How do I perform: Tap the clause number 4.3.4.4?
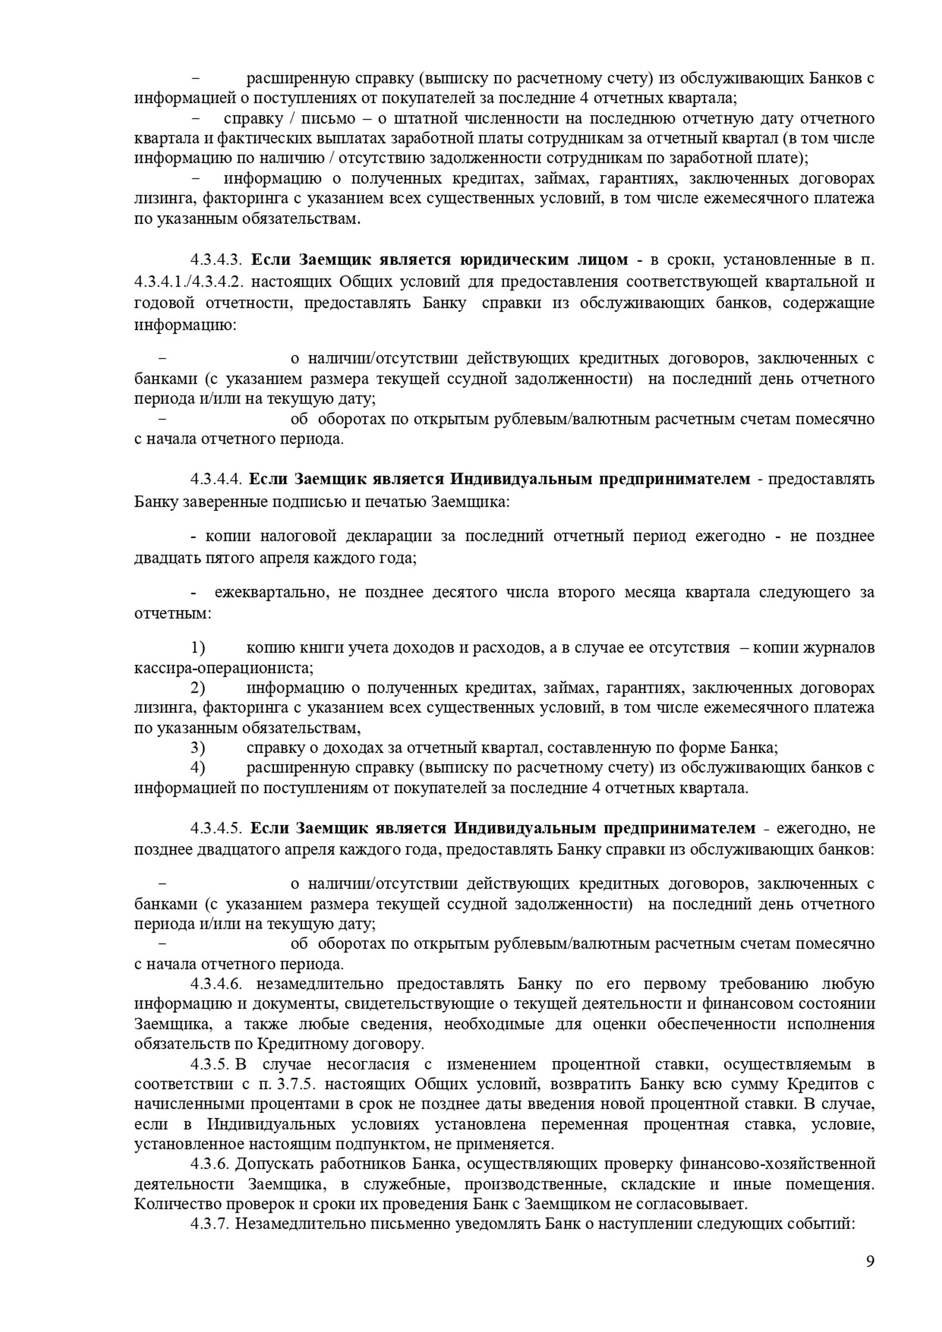216,480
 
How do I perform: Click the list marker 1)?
198,648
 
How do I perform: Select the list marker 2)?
198,687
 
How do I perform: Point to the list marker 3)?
198,748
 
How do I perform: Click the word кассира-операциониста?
224,668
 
